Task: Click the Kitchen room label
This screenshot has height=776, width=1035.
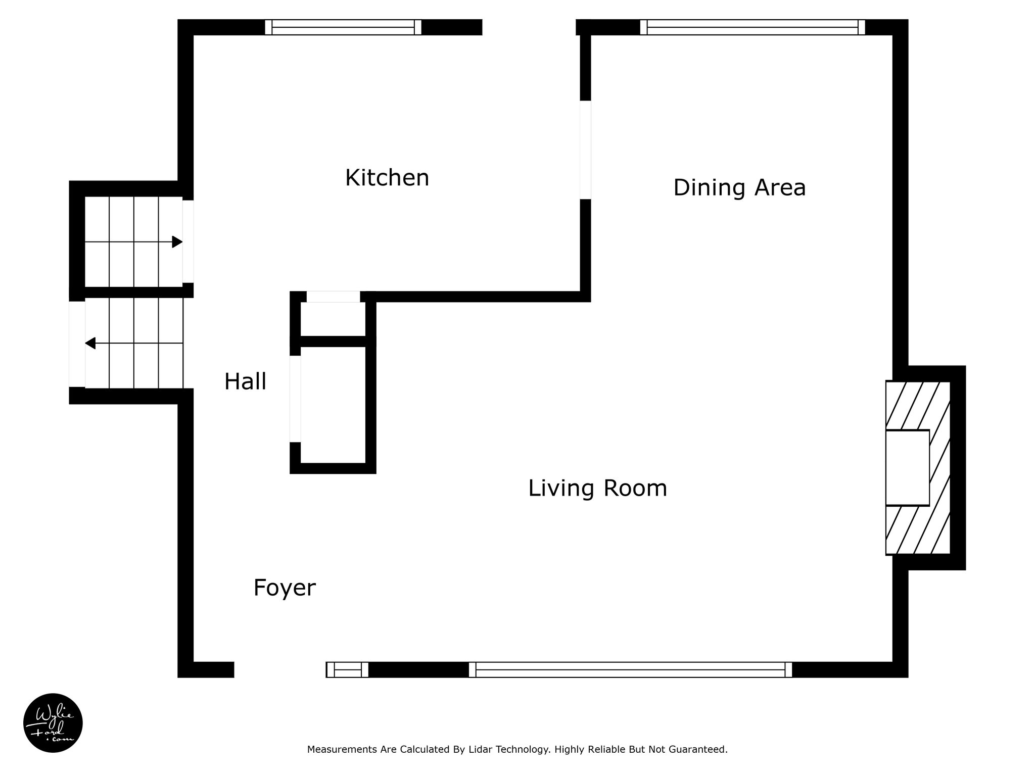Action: (387, 178)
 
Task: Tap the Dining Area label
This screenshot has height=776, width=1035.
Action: (739, 187)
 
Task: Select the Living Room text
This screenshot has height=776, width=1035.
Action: (597, 489)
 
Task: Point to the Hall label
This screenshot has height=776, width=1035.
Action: (245, 381)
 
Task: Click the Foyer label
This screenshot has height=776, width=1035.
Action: (285, 588)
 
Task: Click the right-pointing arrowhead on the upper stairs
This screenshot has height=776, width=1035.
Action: (177, 242)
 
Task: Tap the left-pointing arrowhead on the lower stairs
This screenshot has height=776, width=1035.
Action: (90, 344)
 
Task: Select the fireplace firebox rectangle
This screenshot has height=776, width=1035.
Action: (908, 467)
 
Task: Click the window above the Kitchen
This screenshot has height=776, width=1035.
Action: (343, 27)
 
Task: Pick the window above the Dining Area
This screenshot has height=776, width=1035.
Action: (752, 27)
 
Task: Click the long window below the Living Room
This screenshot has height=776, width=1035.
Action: (630, 669)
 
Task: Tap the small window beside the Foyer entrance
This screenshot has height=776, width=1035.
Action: (347, 669)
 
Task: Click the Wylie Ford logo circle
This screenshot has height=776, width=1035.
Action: (53, 723)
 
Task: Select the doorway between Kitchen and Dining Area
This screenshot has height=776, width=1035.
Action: (585, 150)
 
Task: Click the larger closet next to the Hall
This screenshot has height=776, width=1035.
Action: (333, 405)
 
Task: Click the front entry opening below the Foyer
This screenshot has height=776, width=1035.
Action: (280, 669)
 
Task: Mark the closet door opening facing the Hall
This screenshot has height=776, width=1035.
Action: (295, 399)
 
